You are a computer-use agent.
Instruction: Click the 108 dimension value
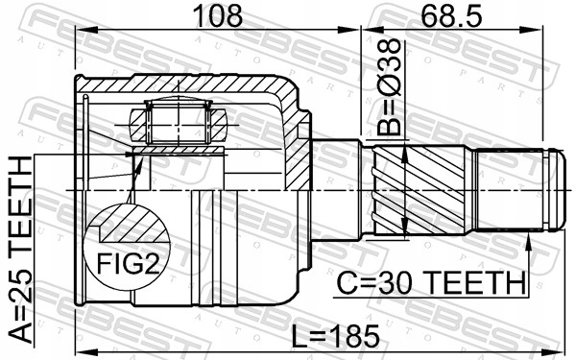click(218, 15)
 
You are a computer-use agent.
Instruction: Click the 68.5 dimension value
click(451, 15)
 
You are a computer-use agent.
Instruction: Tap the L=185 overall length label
click(335, 337)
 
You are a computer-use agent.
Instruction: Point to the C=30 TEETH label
click(431, 282)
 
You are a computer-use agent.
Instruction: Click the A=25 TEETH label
click(20, 249)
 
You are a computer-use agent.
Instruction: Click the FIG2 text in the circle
click(129, 264)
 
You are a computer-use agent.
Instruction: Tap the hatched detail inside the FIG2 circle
click(132, 224)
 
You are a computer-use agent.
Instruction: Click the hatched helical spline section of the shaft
click(419, 190)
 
